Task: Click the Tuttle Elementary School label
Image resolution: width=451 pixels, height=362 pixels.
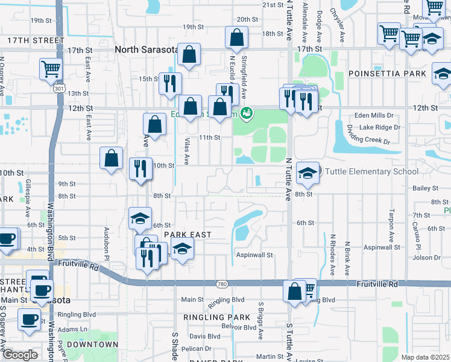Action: [372, 172]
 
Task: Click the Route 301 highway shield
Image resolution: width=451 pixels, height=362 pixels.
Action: [58, 89]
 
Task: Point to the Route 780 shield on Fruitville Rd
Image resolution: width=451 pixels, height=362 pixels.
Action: [222, 284]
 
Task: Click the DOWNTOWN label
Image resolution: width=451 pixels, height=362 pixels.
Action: [92, 345]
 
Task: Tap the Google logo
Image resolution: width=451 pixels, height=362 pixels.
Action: [20, 355]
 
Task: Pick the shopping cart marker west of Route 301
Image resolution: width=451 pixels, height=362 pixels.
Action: [51, 68]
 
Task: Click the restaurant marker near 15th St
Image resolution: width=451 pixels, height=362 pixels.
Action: [170, 82]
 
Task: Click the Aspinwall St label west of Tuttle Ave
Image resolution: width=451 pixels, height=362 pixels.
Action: [254, 255]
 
